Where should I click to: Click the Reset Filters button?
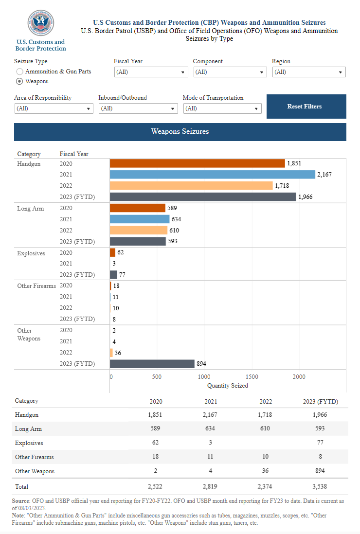306,107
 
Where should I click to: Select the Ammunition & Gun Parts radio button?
20,71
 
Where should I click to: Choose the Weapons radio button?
20,81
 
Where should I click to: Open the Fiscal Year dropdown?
151,72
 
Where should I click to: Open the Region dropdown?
308,72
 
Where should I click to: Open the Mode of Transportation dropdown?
222,108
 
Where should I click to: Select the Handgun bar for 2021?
212,175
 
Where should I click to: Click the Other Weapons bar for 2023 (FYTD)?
152,364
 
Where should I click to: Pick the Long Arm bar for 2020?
137,208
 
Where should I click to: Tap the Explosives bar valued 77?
113,275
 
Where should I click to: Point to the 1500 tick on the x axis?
252,376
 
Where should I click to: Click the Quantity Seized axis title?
227,386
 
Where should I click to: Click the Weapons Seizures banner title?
180,132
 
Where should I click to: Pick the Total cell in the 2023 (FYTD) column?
320,486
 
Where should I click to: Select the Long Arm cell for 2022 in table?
266,429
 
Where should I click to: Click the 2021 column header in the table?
211,402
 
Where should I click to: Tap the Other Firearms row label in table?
35,457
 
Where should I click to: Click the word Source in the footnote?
21,500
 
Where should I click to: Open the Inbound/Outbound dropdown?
138,108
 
